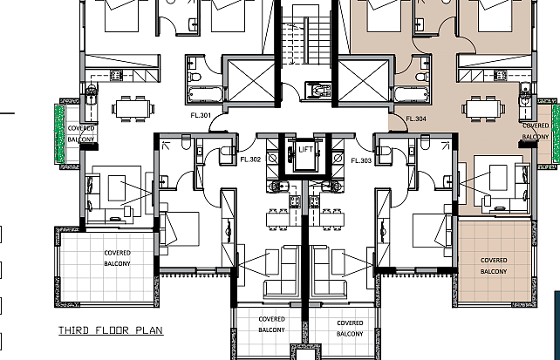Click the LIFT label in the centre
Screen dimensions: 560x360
click(305, 149)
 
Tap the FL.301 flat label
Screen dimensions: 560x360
click(201, 115)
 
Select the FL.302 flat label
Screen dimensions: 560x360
click(250, 160)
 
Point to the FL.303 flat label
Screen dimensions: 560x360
click(361, 160)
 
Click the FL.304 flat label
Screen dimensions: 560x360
click(416, 119)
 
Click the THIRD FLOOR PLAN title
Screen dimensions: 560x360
click(111, 330)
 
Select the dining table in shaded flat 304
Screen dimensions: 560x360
click(483, 108)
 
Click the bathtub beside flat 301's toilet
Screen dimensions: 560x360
click(204, 94)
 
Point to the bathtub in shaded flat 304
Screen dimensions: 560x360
click(412, 94)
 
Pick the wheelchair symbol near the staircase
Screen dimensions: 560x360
click(318, 91)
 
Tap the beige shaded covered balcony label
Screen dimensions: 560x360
click(494, 266)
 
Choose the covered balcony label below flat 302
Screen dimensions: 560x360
click(272, 324)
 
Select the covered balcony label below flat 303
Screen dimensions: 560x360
click(350, 329)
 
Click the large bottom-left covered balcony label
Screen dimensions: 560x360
click(117, 258)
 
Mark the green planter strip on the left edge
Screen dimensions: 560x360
click(59, 133)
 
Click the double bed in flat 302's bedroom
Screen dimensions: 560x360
click(180, 229)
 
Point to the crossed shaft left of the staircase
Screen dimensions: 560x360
click(251, 81)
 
